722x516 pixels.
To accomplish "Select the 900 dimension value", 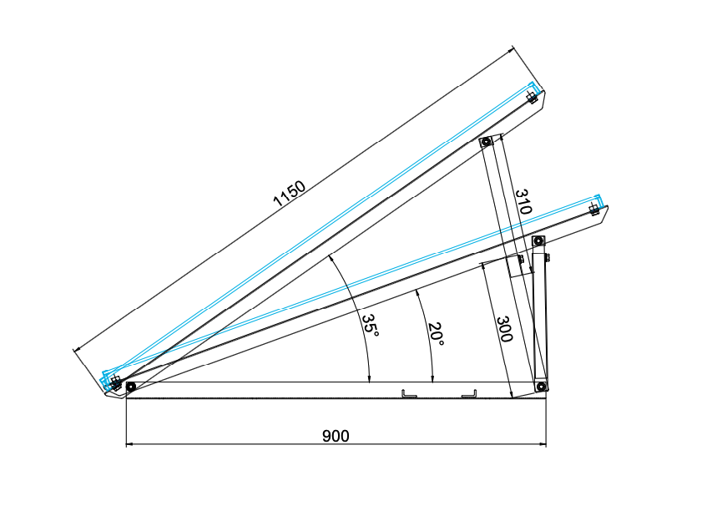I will pos(336,436).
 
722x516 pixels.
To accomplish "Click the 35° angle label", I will pos(370,324).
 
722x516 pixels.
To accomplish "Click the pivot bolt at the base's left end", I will pos(130,387).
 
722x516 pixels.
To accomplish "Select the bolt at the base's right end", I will pos(541,387).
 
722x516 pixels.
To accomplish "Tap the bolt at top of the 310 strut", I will pos(485,142).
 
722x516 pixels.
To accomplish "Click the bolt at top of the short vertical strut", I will pos(538,242).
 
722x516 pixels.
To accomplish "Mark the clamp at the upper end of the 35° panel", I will pos(532,95).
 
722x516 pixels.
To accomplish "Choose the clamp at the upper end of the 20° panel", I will pos(594,207).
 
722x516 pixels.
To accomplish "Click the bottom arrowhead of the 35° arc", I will pos(369,379).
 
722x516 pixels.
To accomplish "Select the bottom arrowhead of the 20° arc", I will pos(432,379).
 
